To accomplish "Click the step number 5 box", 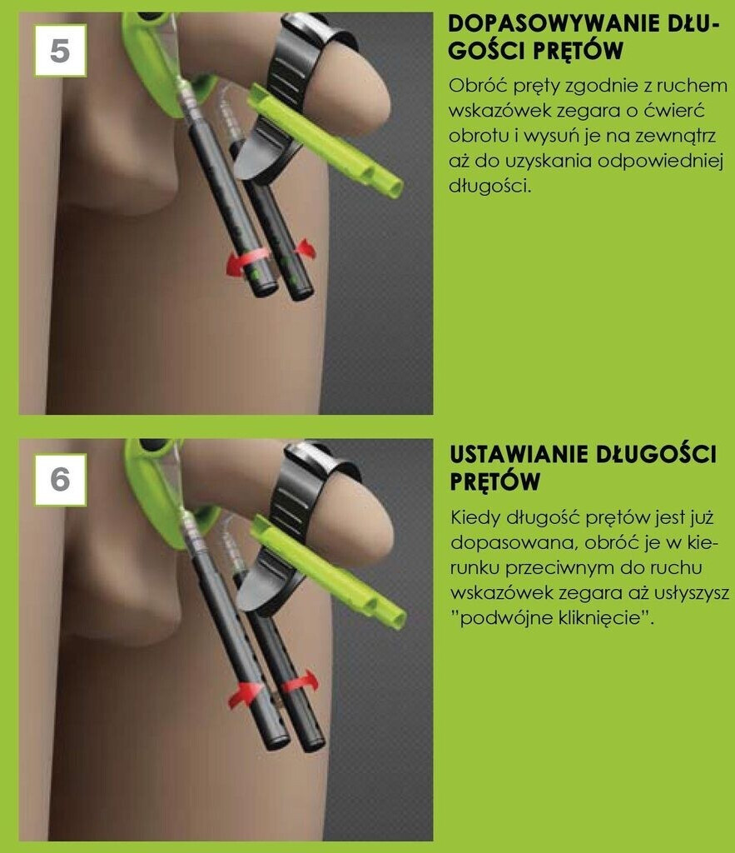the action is click(x=60, y=50).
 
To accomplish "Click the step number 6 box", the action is click(x=60, y=479).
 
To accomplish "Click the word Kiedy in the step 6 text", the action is click(x=474, y=517).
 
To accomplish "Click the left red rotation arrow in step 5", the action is click(x=246, y=262).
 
